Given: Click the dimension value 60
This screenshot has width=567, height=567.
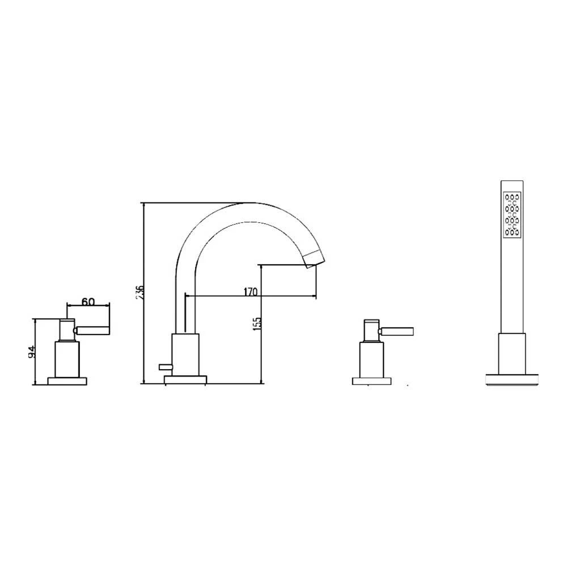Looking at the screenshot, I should tap(87, 302).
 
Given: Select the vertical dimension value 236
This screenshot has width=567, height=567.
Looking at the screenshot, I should tap(142, 293).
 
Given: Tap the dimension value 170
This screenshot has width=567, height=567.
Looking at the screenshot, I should tap(250, 292).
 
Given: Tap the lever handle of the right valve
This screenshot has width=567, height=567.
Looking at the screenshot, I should tap(399, 331).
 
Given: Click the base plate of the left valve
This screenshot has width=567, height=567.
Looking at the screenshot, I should tap(68, 380).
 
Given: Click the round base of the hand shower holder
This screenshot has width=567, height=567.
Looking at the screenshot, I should tap(512, 378).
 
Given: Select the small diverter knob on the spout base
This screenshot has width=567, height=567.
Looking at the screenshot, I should tap(166, 366).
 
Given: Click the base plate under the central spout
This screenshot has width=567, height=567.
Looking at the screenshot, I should tap(185, 378).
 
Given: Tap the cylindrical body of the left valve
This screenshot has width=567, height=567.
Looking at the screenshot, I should tap(68, 358).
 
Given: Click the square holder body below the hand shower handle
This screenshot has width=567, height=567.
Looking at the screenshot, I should tap(512, 352).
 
